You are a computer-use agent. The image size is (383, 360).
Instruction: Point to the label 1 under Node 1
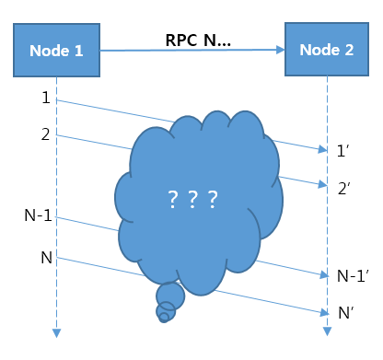[x=45, y=97]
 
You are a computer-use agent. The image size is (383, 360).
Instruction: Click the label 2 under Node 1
[x=45, y=135]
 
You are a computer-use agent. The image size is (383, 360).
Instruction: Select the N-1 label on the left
[x=38, y=216]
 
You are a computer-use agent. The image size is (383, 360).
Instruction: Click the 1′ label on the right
[x=344, y=149]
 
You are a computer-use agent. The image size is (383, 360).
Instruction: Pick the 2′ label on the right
[x=344, y=189]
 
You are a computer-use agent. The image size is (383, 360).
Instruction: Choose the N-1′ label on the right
[x=351, y=275]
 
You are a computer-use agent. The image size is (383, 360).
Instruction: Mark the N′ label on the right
[x=346, y=313]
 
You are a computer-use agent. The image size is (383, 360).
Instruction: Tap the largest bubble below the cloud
[x=169, y=296]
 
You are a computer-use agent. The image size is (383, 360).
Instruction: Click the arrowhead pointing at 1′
[x=322, y=148]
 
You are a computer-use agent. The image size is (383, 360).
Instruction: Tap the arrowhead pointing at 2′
[x=322, y=184]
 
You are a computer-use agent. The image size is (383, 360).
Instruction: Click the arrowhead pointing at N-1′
[x=322, y=273]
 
